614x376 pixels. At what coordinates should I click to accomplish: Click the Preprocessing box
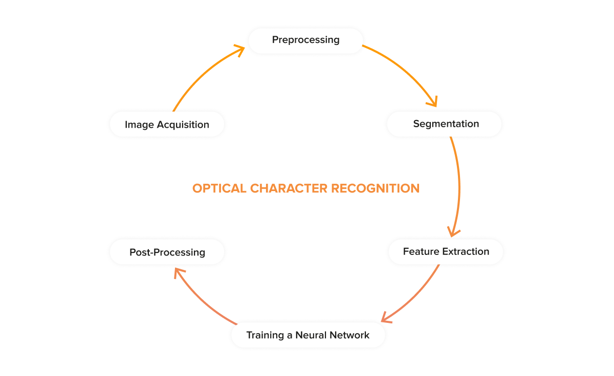click(305, 40)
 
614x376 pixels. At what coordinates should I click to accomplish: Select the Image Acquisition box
click(167, 125)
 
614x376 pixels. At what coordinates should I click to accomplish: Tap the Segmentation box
click(444, 124)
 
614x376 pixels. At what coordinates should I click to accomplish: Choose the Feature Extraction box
click(446, 251)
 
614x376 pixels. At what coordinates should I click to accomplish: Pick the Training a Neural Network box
click(308, 336)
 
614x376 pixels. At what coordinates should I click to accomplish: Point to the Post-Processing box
click(167, 252)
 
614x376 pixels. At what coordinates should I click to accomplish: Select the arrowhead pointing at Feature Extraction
click(452, 231)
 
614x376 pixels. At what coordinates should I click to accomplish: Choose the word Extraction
click(466, 251)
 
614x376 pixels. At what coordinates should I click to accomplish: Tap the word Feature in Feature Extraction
click(421, 251)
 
